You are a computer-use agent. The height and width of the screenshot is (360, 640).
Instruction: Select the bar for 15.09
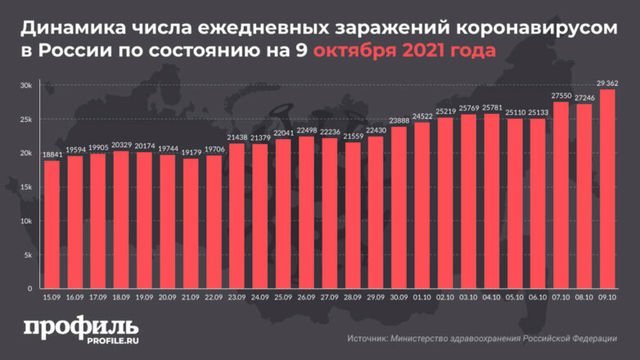[x=52, y=225]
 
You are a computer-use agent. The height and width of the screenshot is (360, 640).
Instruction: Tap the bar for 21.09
[x=190, y=223]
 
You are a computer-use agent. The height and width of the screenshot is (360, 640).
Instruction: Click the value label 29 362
[x=607, y=83]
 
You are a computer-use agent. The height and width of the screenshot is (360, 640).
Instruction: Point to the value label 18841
[x=52, y=155]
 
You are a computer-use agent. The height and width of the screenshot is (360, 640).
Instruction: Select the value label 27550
[x=561, y=96]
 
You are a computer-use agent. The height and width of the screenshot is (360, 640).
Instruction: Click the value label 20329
[x=120, y=145]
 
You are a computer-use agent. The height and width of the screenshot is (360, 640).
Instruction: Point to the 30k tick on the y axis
[x=26, y=86]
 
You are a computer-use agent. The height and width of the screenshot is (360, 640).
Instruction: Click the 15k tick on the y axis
[x=26, y=187]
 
